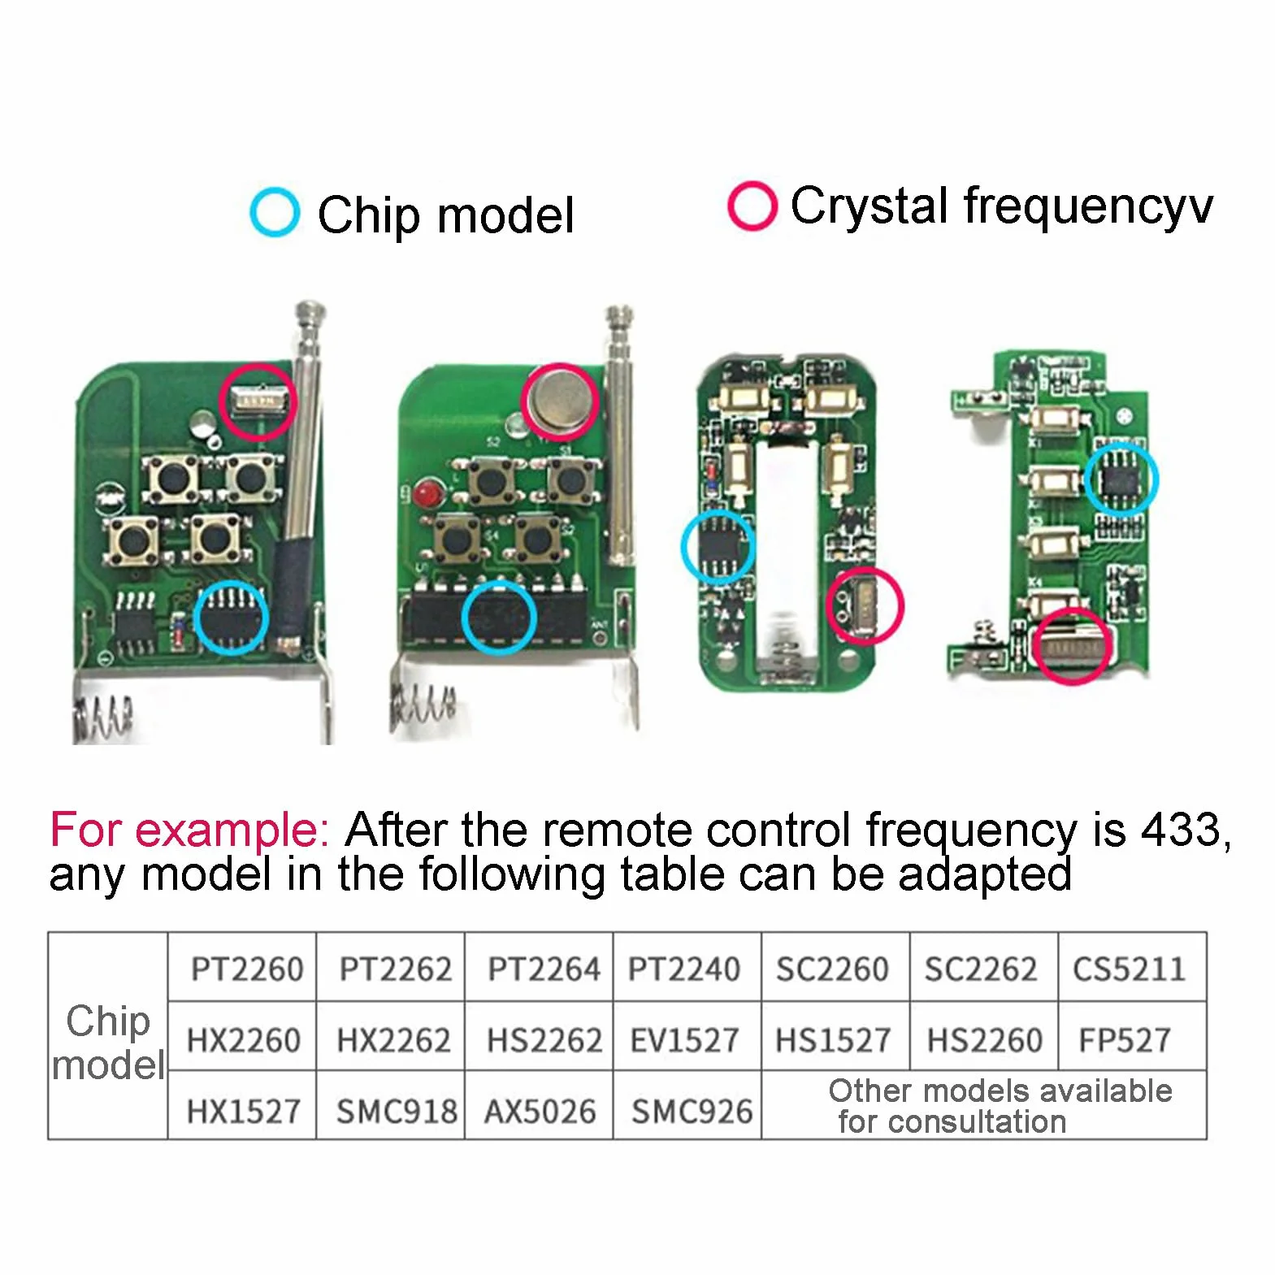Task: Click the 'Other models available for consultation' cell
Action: (984, 1105)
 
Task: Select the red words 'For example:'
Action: (189, 830)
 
